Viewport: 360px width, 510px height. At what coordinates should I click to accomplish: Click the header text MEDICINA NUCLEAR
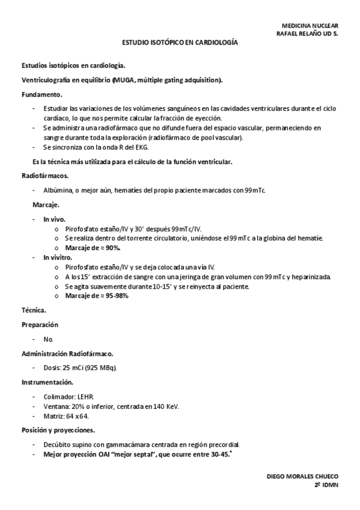tap(310, 26)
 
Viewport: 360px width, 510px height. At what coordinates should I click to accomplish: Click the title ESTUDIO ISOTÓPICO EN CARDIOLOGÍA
tap(180, 43)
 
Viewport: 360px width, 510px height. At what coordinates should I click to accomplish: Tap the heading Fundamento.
tap(41, 94)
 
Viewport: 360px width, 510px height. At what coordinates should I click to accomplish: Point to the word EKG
tap(148, 147)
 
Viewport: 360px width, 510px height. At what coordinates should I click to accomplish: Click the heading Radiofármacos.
tap(45, 176)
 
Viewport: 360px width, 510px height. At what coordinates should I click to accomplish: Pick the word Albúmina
tap(58, 190)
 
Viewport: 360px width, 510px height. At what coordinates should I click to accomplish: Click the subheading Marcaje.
tap(46, 205)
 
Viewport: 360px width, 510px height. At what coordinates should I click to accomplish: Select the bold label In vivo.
tap(54, 220)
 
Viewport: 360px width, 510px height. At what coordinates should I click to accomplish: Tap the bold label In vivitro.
tap(58, 257)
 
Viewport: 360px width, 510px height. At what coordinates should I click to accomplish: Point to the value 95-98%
tap(117, 295)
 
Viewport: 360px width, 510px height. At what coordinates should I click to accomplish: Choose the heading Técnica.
tap(34, 310)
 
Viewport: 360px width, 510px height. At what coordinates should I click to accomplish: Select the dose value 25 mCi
tap(74, 367)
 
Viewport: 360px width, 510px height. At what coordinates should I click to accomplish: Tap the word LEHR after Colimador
tap(85, 397)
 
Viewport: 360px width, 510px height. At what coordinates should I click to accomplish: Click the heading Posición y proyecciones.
tap(58, 430)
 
